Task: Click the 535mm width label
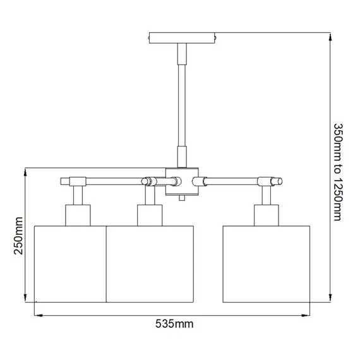click(174, 324)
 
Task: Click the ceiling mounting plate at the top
click(182, 37)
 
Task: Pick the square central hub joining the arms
click(182, 181)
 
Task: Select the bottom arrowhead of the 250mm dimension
click(25, 301)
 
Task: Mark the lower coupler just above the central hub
click(182, 155)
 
